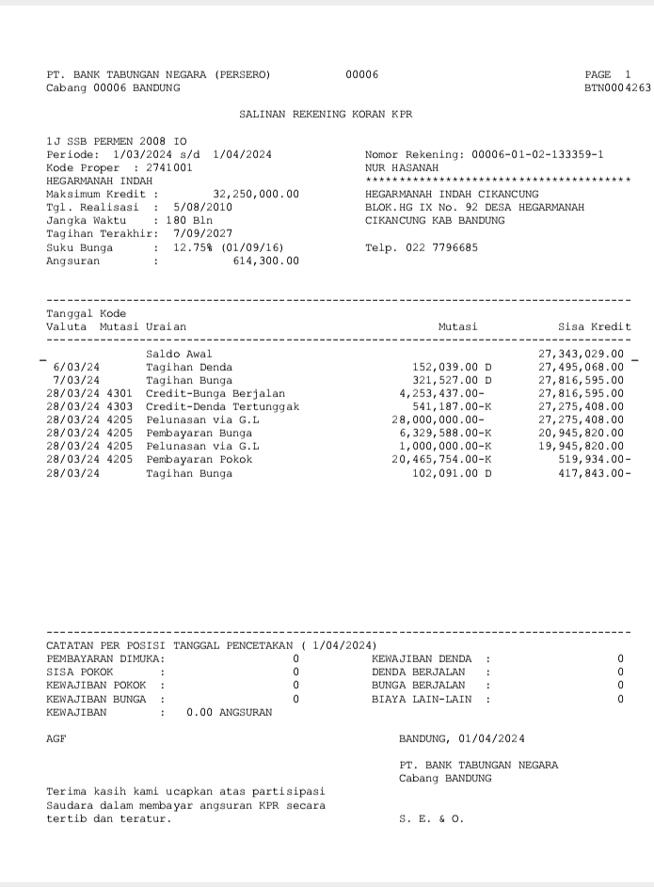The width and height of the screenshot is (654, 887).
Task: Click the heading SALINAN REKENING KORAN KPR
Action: [x=326, y=114]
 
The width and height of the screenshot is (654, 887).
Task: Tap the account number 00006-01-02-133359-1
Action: [x=538, y=154]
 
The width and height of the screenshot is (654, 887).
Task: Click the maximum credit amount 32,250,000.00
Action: [x=256, y=194]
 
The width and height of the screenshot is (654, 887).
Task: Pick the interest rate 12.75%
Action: [x=195, y=247]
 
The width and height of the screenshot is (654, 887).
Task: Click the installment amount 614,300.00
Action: [x=266, y=261]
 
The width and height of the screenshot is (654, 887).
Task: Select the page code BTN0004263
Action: [x=617, y=87]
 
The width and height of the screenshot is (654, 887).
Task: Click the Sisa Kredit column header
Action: [x=594, y=326]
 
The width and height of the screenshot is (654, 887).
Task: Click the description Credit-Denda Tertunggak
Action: [x=222, y=406]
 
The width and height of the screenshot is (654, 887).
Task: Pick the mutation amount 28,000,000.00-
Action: [x=438, y=420]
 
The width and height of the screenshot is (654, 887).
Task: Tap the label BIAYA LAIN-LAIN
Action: [x=422, y=699]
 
